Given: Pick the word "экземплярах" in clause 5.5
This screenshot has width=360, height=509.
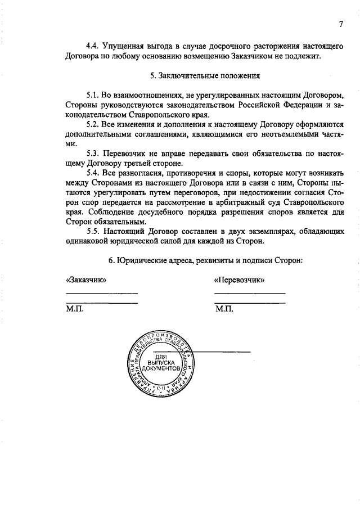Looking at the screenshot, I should [x=255, y=231].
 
